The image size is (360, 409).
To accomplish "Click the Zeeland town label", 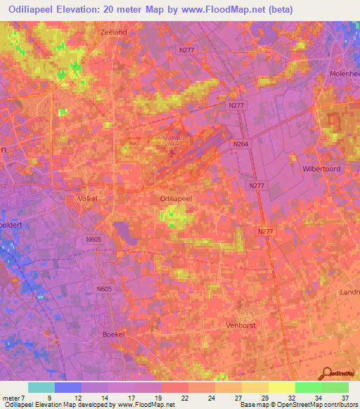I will (x=113, y=32).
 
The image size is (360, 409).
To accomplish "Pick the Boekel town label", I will (x=113, y=335).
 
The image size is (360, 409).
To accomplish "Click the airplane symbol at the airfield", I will (x=172, y=151).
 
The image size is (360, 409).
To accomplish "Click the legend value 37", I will (x=345, y=398).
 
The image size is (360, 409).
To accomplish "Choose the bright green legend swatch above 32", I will (x=308, y=387).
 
